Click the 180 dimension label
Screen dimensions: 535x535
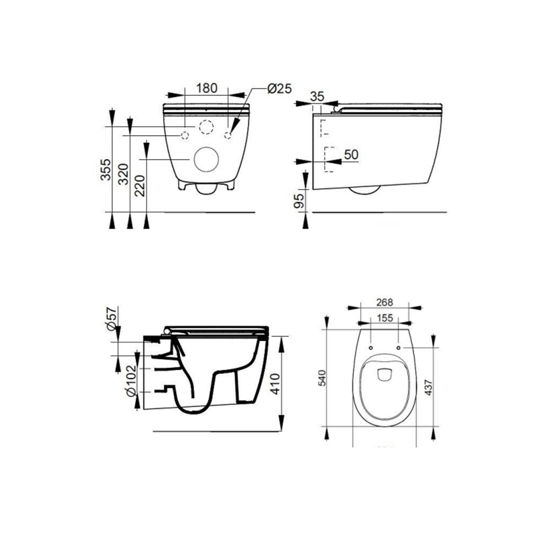pos(207,88)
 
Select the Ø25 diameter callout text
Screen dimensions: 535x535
pos(279,88)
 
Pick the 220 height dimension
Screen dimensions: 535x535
pos(140,185)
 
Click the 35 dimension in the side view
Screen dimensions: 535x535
pos(317,96)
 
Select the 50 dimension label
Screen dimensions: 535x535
pos(351,154)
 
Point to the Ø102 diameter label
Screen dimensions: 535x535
pos(131,380)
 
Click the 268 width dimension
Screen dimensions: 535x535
pos(384,302)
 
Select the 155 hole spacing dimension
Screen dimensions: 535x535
pos(384,318)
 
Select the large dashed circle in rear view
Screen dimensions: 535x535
pos(206,127)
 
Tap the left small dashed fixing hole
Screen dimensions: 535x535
pos(185,135)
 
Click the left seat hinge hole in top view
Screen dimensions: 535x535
pos(371,347)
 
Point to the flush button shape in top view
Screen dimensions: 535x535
pos(384,374)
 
